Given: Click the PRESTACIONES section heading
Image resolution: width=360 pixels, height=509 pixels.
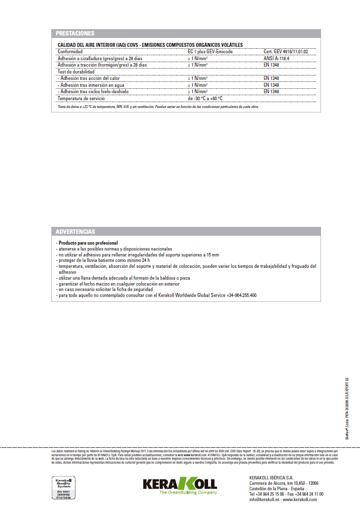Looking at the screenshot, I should coord(75,34).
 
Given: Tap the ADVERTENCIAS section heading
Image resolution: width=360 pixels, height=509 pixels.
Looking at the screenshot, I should coord(75,231).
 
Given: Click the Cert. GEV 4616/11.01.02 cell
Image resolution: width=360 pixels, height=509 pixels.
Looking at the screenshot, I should coord(289,51).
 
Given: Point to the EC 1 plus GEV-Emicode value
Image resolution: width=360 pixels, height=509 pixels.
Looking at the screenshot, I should coord(210,51).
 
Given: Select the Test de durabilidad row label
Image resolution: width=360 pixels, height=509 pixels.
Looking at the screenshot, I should coord(75,72).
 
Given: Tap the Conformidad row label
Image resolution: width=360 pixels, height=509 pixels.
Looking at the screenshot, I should coord(70,51).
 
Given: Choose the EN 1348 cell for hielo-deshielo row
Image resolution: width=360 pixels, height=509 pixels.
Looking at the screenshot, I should coord(271,91).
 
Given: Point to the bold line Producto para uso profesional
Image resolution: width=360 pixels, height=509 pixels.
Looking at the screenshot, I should coord(88,243).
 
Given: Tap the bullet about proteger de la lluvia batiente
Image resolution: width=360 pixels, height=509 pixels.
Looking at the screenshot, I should coord(104,260).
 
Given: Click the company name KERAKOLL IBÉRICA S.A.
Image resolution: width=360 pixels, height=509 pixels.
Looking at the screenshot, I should coord(271,478).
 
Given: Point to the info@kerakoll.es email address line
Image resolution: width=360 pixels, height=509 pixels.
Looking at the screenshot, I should coord(283,500).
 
